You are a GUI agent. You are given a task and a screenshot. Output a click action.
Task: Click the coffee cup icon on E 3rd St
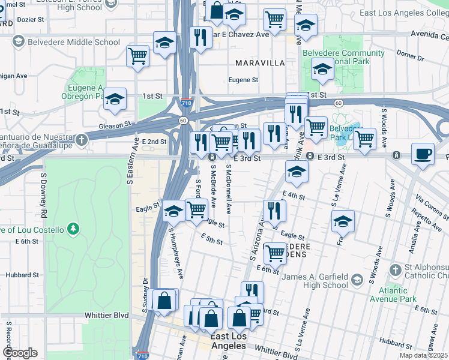pyautogui.click(x=423, y=154)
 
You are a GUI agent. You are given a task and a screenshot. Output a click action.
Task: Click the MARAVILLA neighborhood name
pyautogui.click(x=259, y=63)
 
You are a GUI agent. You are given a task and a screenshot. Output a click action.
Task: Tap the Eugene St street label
pyautogui.click(x=243, y=80)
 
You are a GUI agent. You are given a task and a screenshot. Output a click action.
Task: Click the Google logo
pyautogui.click(x=19, y=353)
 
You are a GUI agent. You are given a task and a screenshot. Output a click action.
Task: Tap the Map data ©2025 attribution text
pyautogui.click(x=424, y=355)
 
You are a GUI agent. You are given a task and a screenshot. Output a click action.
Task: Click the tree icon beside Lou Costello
pyautogui.click(x=73, y=229)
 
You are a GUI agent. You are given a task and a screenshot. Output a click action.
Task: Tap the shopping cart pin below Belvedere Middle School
pyautogui.click(x=137, y=56)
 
